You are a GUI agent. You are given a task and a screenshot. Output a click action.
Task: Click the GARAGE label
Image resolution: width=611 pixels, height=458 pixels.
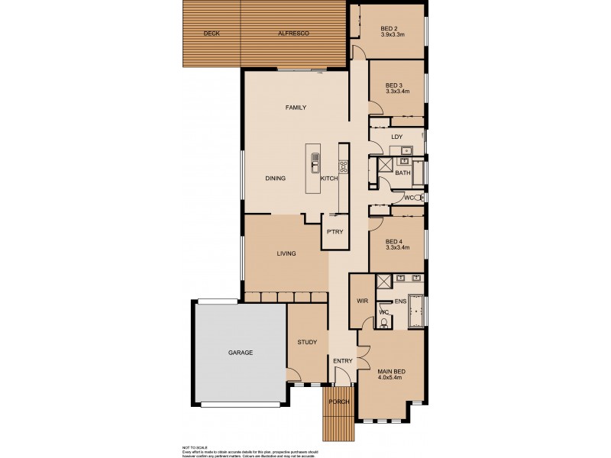click(240, 353)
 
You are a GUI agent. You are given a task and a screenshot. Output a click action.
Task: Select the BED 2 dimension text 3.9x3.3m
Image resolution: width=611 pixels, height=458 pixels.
click(396, 35)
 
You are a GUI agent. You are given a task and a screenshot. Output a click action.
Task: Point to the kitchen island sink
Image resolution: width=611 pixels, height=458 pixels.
click(315, 161)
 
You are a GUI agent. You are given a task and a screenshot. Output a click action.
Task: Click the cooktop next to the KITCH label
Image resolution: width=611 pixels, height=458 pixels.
click(344, 166)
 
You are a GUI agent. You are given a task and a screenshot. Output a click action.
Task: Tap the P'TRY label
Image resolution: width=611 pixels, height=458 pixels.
click(335, 231)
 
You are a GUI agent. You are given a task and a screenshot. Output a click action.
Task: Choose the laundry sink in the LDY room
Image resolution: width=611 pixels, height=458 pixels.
click(406, 150)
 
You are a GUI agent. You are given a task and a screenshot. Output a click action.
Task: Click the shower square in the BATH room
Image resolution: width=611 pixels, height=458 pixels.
click(385, 166)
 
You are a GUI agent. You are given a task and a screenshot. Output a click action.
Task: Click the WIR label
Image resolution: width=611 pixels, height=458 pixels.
click(362, 301)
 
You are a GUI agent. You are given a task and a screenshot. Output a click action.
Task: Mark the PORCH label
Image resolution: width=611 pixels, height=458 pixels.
click(339, 402)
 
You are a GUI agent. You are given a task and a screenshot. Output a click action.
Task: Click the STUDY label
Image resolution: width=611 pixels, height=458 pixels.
click(307, 342)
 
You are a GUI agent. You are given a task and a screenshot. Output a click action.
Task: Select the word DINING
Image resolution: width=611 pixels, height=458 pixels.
click(275, 179)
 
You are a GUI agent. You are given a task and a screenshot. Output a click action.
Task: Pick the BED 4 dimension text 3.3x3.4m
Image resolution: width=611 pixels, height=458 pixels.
click(398, 247)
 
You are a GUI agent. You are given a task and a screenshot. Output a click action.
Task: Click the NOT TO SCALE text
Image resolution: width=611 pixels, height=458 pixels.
click(196, 447)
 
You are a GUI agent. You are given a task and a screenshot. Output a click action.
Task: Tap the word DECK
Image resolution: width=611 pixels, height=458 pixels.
click(212, 34)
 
